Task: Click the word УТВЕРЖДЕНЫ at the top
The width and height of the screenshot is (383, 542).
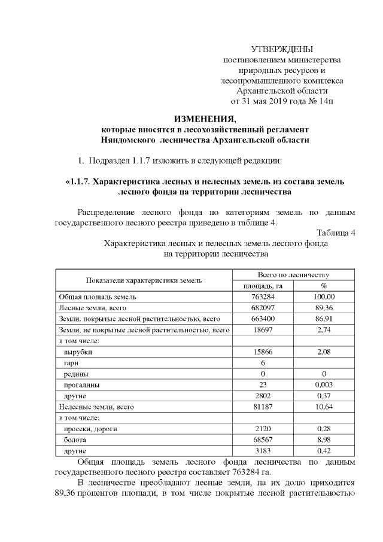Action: (x=282, y=49)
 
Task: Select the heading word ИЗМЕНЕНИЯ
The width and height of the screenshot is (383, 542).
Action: (x=205, y=117)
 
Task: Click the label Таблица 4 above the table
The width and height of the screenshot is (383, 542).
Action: (x=336, y=233)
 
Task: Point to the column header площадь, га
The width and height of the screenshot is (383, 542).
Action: (x=263, y=286)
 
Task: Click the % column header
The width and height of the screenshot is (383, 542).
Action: (x=323, y=286)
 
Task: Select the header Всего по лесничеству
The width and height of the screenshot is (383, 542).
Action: (x=293, y=274)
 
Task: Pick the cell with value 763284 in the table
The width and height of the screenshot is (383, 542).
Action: (x=263, y=296)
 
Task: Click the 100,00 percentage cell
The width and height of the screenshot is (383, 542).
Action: (x=323, y=296)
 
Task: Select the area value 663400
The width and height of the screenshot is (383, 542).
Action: (x=263, y=319)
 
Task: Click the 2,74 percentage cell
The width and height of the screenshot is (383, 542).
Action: (x=323, y=329)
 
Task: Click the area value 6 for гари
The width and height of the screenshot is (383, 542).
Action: (x=263, y=363)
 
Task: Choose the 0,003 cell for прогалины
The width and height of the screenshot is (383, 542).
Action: (x=323, y=385)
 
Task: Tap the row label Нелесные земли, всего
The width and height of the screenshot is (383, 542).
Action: (x=95, y=407)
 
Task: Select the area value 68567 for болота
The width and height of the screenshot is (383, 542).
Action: (x=263, y=440)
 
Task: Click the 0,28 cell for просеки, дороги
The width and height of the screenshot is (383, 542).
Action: (x=323, y=429)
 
